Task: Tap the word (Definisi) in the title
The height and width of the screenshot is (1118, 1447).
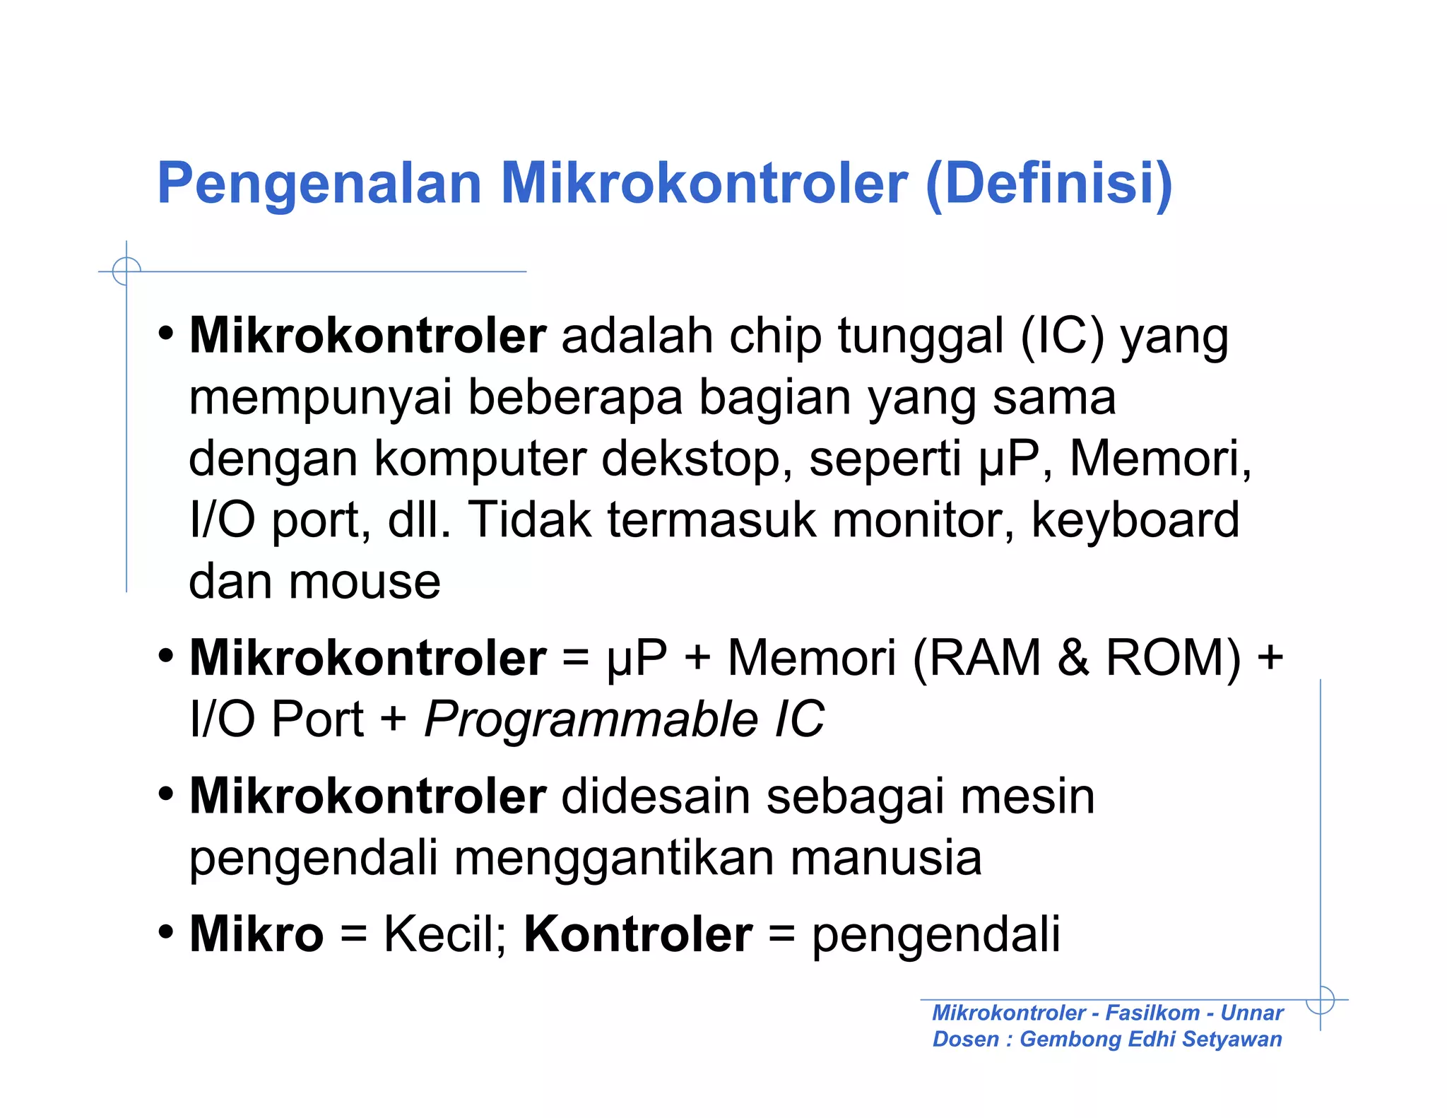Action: (x=1049, y=184)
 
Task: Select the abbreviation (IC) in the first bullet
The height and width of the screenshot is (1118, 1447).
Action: (x=1062, y=336)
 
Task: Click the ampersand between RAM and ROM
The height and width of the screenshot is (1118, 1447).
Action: (x=1073, y=658)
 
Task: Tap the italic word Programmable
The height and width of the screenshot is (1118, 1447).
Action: (x=591, y=719)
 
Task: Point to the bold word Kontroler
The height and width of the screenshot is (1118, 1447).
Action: (x=638, y=934)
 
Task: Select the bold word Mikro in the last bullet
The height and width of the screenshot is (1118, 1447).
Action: (x=256, y=934)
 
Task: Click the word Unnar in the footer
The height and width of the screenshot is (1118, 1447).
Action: (x=1251, y=1013)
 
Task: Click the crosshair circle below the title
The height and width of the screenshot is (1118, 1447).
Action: (x=126, y=271)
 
